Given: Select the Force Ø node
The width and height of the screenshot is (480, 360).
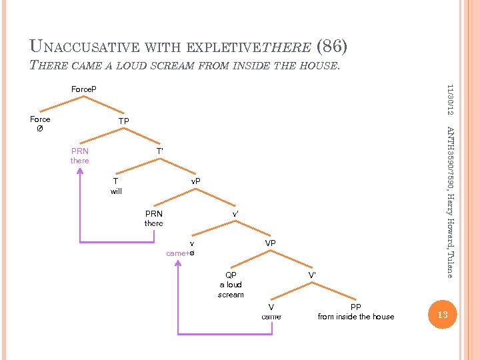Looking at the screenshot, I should [40, 124].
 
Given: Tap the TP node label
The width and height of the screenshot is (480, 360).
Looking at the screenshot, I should [123, 121].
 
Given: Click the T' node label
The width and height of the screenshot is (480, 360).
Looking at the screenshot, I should [160, 151].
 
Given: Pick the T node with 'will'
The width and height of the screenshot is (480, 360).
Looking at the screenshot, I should [116, 185].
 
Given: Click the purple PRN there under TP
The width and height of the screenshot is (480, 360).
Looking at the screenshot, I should [79, 156].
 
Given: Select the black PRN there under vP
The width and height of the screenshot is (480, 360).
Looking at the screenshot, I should [153, 219].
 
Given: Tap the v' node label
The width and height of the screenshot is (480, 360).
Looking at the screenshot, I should [235, 214].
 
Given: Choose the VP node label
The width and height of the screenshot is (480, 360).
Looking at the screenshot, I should [270, 243].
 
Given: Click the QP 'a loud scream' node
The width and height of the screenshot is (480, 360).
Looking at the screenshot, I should [231, 285].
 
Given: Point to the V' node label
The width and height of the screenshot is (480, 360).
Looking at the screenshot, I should [311, 275].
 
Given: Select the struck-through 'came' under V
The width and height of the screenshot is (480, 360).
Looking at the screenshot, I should [271, 317].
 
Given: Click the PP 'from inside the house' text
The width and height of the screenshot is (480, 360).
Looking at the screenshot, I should [356, 317].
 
